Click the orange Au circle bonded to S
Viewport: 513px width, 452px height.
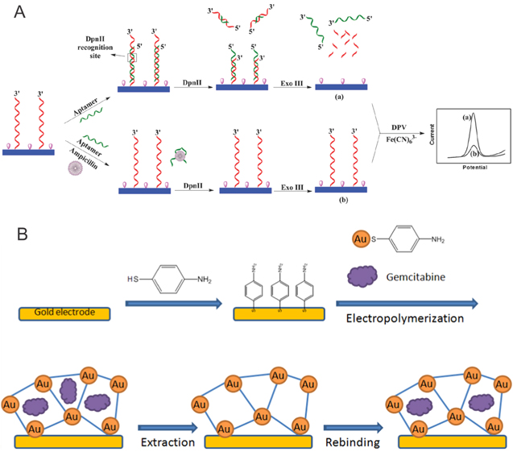[362, 239]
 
